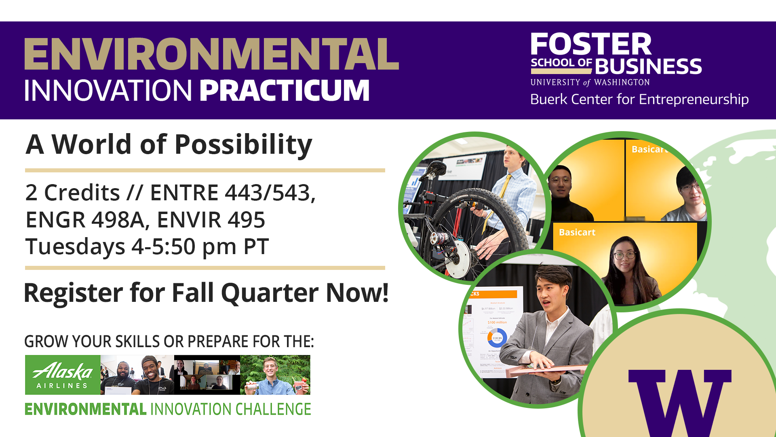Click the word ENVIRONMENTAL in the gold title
click(211, 54)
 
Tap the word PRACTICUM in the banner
click(285, 90)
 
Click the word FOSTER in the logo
click(590, 44)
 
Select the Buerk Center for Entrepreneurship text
click(639, 99)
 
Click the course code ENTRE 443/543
click(232, 193)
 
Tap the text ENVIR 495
click(211, 220)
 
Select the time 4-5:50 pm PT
click(200, 246)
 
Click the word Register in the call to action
click(73, 293)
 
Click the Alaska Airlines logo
click(63, 375)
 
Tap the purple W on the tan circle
click(680, 401)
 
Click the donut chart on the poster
click(497, 337)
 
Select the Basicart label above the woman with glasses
click(577, 232)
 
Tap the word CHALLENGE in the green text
click(273, 409)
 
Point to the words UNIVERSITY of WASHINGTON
click(590, 82)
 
